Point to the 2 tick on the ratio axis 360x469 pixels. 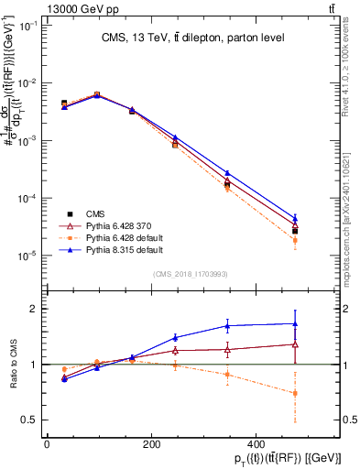coord(32,309)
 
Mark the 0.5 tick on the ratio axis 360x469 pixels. coord(27,420)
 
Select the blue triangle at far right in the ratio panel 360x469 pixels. coord(294,323)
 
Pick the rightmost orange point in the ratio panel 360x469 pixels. coord(294,393)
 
